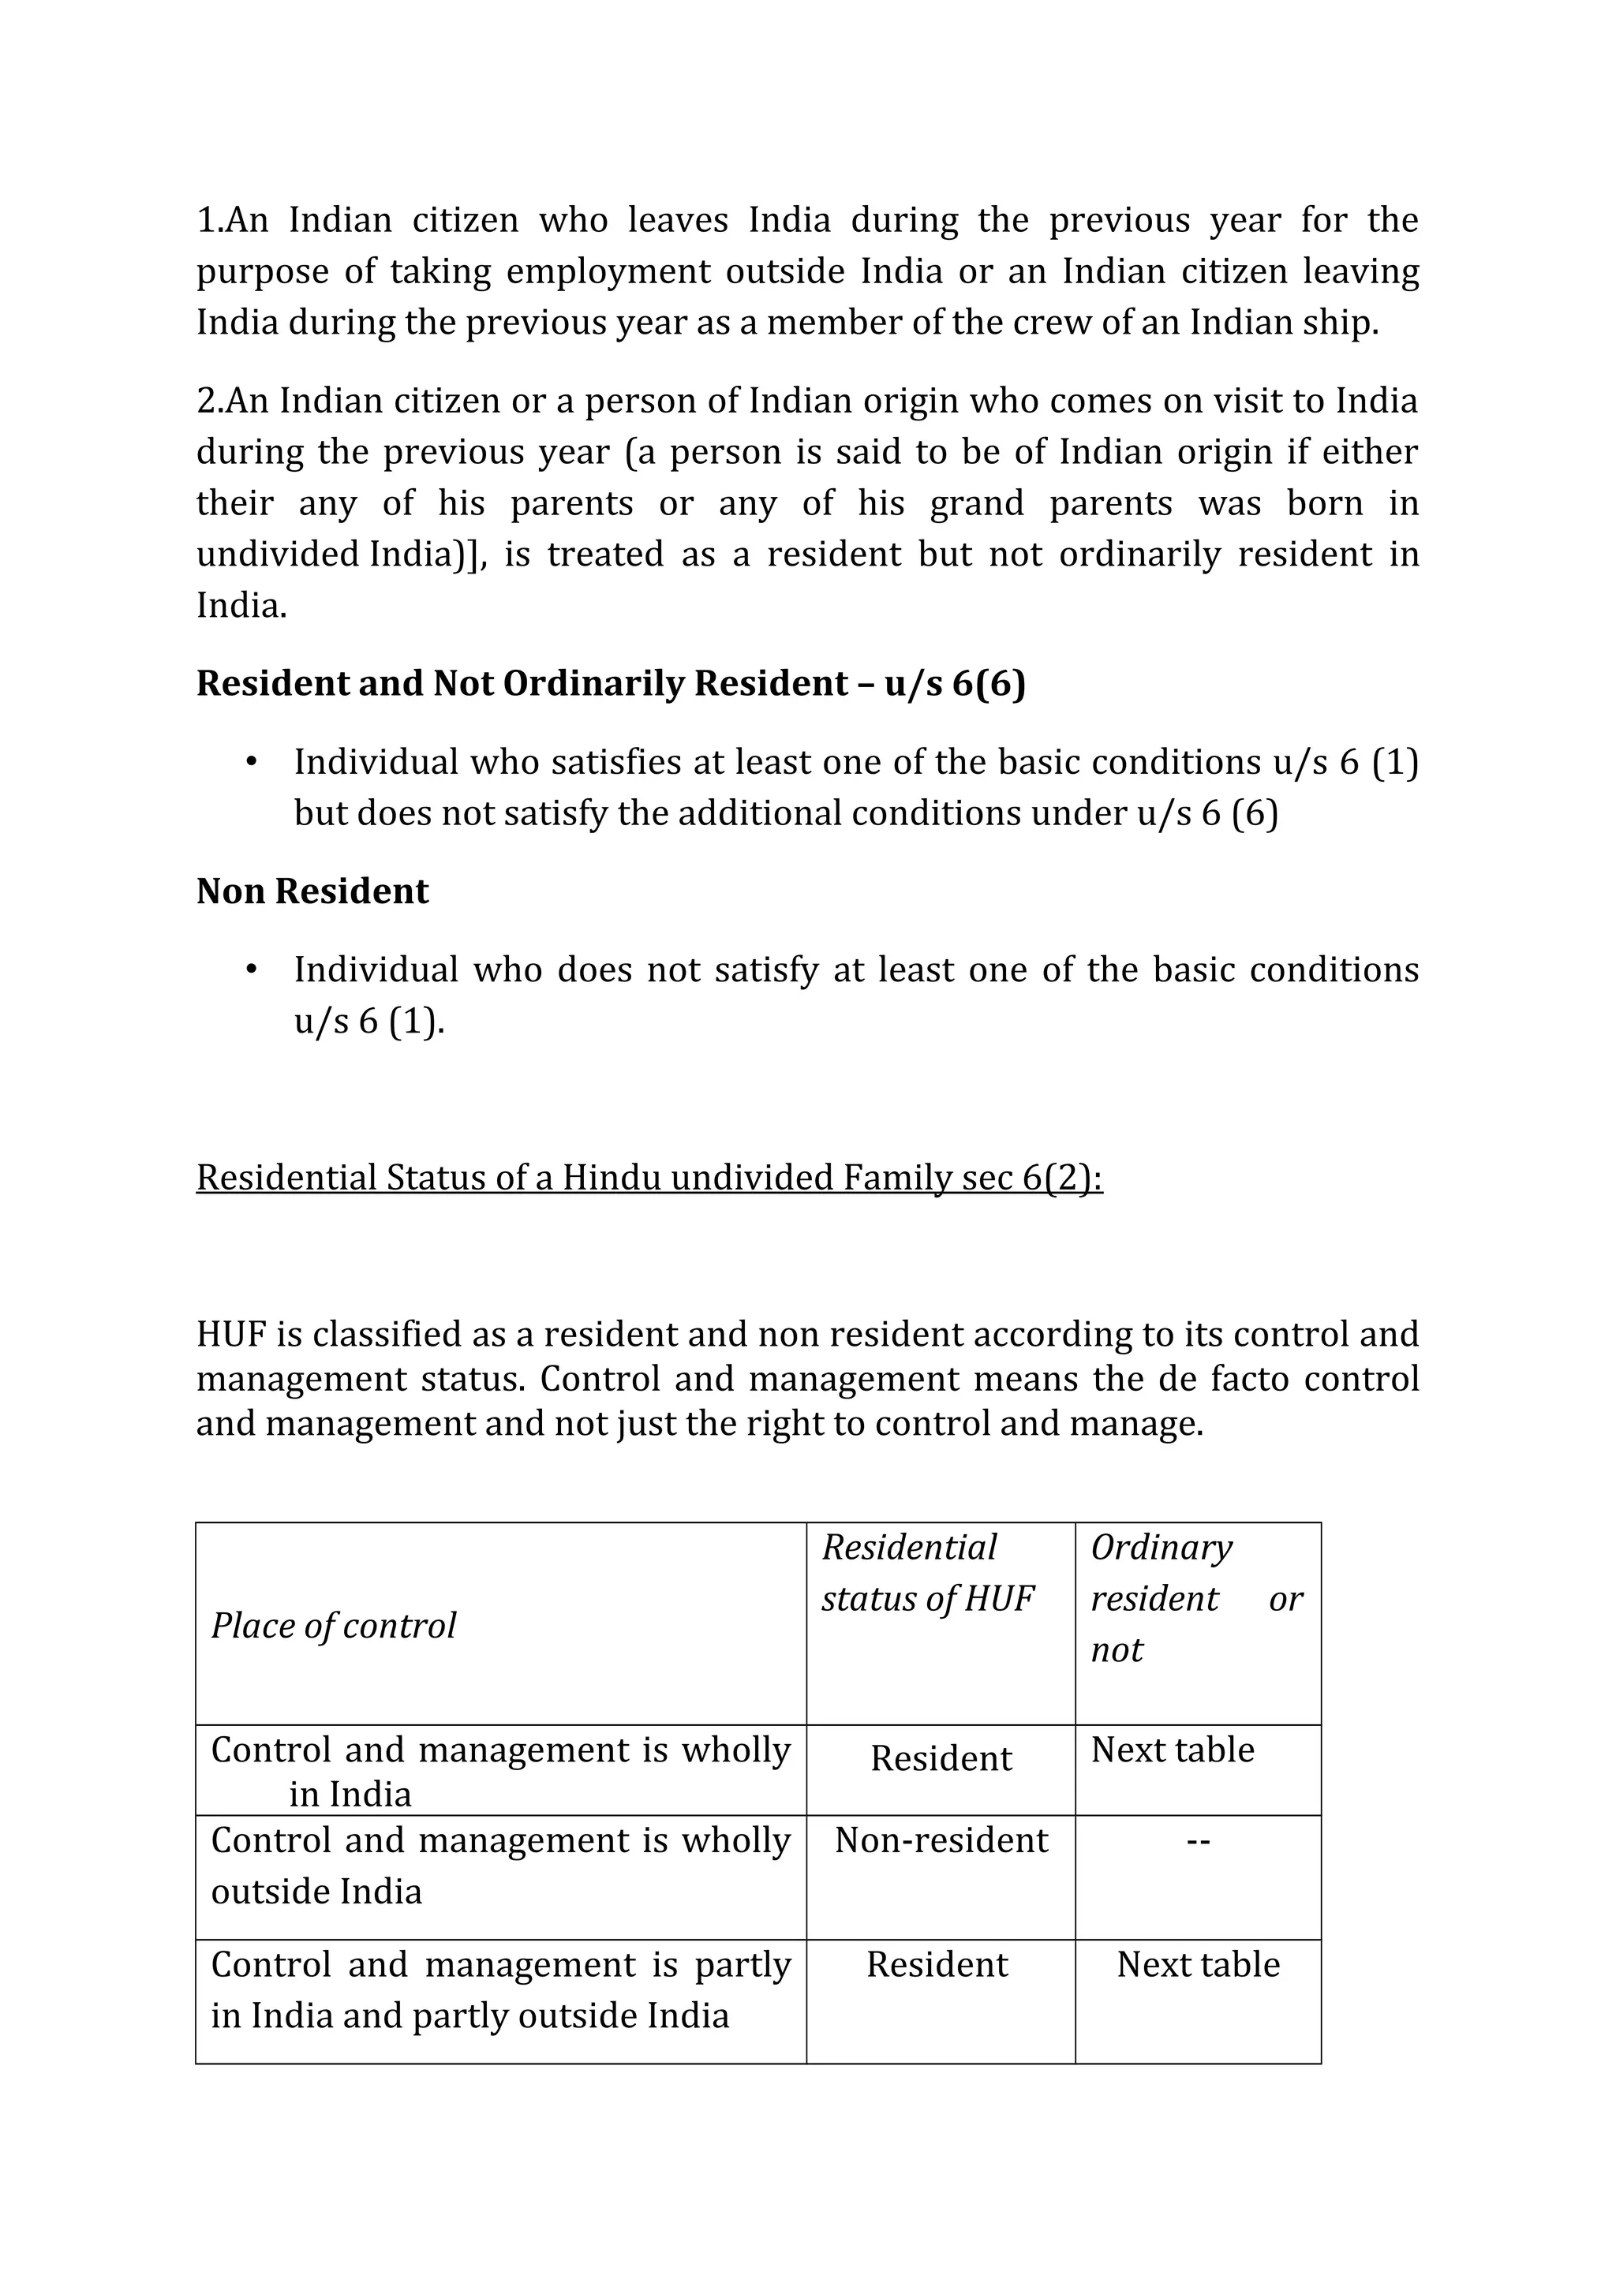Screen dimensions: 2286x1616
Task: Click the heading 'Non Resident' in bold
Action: point(312,891)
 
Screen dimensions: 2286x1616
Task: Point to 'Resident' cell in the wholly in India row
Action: point(941,1759)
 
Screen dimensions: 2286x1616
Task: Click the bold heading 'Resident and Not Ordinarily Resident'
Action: point(611,684)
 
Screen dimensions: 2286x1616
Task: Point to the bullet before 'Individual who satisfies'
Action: point(251,763)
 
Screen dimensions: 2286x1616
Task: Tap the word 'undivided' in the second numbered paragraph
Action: point(277,555)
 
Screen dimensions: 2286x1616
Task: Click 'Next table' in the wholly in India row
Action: point(1172,1750)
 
